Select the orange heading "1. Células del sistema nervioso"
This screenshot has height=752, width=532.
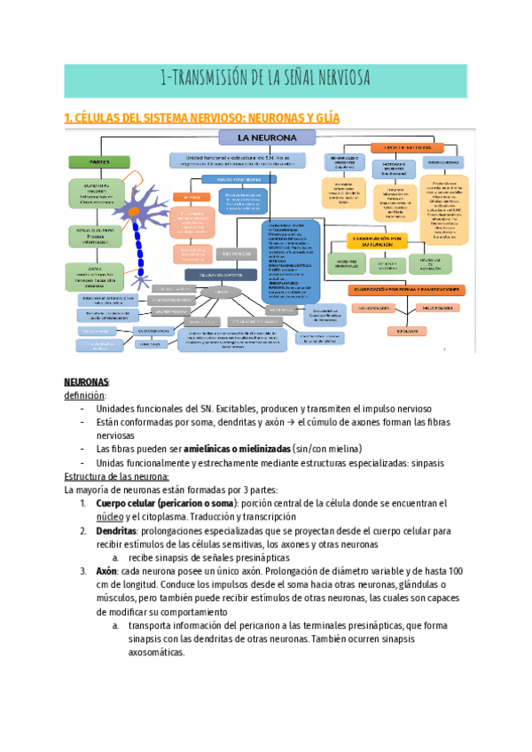[x=202, y=118]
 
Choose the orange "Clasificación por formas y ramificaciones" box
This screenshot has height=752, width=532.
[x=403, y=289]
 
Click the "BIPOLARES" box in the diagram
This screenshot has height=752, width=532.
[x=402, y=331]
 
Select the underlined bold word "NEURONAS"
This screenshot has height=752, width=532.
[x=86, y=381]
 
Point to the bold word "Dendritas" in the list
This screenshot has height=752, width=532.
[x=116, y=530]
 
